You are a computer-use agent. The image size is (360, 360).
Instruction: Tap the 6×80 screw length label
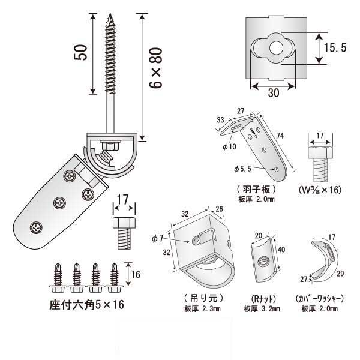(x=158, y=69)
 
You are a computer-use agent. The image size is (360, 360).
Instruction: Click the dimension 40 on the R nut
(x=281, y=250)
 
